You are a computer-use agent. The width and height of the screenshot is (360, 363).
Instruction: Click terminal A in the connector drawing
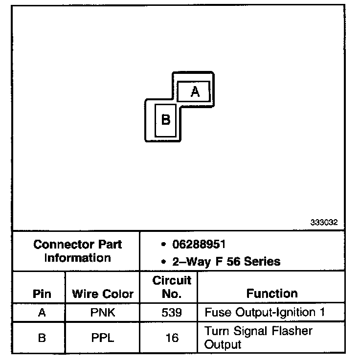click(194, 91)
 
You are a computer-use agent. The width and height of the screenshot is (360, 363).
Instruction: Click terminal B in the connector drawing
click(166, 120)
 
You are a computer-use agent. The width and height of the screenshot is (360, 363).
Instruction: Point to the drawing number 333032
click(324, 222)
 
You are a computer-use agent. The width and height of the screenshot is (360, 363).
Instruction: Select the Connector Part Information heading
click(77, 250)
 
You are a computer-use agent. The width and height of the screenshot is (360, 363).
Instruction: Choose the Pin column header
click(42, 294)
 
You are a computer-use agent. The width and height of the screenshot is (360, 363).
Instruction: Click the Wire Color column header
click(103, 294)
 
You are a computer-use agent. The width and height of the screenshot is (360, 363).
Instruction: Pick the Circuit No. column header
click(172, 287)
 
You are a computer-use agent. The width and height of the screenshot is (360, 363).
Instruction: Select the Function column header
click(272, 294)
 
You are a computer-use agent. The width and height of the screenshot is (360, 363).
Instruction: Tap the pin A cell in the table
click(42, 313)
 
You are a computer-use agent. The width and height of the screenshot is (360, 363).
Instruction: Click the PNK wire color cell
click(103, 313)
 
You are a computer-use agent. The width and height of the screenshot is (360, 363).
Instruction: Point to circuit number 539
click(172, 313)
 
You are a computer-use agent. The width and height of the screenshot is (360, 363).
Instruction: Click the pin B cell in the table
click(42, 338)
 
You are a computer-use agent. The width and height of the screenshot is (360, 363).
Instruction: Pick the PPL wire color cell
click(103, 338)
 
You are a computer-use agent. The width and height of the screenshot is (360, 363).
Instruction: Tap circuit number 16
click(172, 338)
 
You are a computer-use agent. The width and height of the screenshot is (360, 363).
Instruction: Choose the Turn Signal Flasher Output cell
click(258, 338)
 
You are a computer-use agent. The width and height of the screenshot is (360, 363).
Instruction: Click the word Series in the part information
click(263, 261)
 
